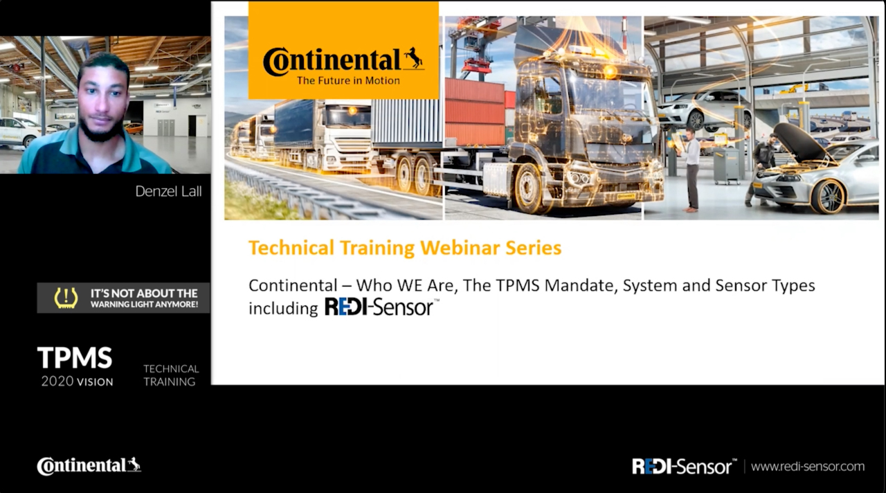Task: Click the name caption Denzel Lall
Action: [x=168, y=192]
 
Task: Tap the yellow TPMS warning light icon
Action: [x=66, y=298]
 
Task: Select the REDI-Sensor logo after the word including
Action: [x=381, y=307]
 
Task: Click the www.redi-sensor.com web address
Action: [x=808, y=467]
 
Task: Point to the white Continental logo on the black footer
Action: [x=89, y=466]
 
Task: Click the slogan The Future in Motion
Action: [x=348, y=81]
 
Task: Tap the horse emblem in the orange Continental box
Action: [x=414, y=57]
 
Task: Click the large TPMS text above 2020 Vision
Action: [x=75, y=358]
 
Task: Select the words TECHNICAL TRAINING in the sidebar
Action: [x=171, y=375]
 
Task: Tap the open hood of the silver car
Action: [x=798, y=143]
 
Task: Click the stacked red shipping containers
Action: [x=476, y=112]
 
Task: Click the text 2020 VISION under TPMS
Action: [x=77, y=382]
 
